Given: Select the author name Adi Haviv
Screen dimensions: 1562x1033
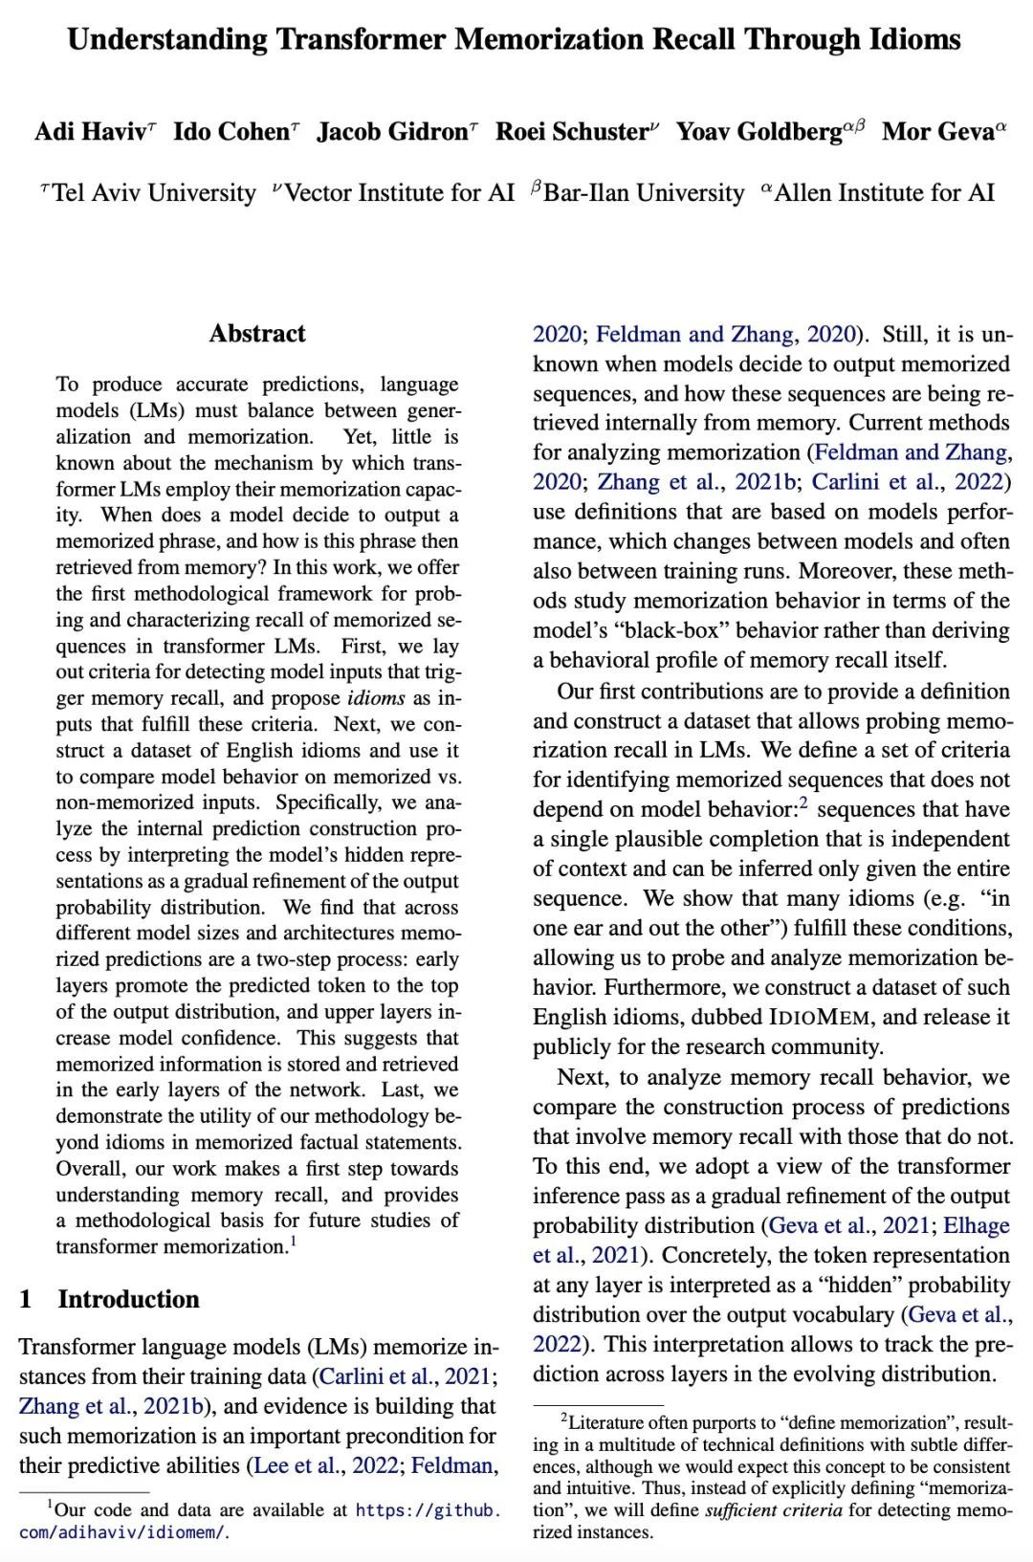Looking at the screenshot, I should [90, 131].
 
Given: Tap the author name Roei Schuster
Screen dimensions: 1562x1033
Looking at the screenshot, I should [571, 131].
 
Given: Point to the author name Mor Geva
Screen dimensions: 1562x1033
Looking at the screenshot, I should [937, 131].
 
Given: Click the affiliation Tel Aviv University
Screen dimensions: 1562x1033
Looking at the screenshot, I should [154, 193].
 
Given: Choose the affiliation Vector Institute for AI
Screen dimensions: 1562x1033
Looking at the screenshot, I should [400, 193].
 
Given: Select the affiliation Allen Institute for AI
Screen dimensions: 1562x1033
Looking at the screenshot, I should [884, 193].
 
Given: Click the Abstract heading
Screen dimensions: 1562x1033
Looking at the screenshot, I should [257, 334].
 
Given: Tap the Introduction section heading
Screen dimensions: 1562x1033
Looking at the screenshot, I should [128, 1299].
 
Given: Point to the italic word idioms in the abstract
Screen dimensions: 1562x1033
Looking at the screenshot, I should [375, 698].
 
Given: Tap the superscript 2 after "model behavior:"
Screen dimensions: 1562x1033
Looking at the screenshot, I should [803, 804].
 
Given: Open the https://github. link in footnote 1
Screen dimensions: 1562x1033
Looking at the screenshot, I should [428, 1510].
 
